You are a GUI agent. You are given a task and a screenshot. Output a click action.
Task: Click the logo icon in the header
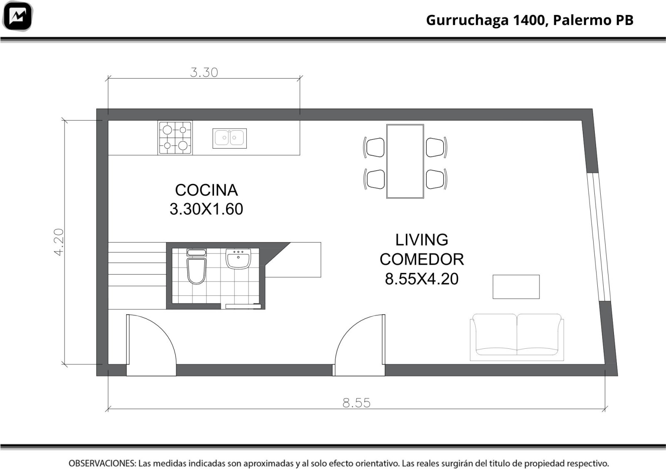pos(17,16)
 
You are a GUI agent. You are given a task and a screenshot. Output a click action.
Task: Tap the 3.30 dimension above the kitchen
pos(204,72)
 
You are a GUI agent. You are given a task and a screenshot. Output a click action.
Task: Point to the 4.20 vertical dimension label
pos(59,242)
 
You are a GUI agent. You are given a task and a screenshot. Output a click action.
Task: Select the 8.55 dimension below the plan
pos(356,403)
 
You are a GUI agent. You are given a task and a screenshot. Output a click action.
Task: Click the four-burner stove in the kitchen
pos(175,138)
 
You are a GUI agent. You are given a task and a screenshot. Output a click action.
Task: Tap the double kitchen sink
pos(229,138)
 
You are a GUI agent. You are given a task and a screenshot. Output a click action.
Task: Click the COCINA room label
pos(206,190)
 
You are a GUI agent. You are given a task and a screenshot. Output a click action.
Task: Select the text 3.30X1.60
pos(206,209)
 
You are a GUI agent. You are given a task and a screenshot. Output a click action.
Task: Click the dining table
pos(405,161)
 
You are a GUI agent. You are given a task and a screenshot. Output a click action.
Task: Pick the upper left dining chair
pos(374,147)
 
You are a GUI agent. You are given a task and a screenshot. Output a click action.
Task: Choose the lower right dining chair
pos(437,179)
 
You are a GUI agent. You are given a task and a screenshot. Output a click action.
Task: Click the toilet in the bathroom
pos(196,267)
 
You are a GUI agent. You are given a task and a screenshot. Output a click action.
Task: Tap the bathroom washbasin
pos(238,259)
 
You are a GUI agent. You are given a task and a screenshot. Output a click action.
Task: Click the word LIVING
pos(422,240)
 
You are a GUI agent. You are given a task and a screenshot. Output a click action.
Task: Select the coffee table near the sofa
pos(516,287)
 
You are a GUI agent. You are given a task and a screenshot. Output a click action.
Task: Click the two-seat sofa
pos(517,337)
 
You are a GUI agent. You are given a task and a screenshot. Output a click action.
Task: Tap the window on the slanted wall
pos(599,237)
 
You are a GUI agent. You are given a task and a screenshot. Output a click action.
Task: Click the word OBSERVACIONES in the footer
pos(102,463)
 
